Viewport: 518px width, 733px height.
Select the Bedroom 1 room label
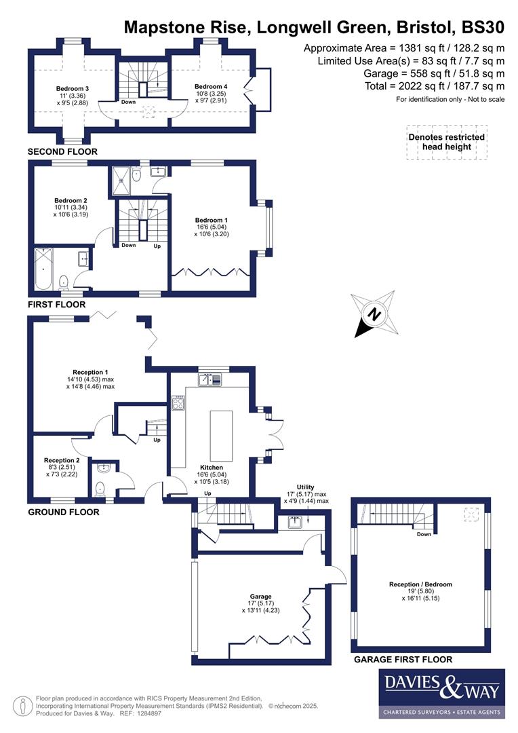[209, 221]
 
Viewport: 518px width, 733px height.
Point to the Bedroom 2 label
[71, 201]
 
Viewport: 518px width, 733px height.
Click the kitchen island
[221, 435]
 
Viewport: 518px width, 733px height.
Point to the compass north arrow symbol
[373, 314]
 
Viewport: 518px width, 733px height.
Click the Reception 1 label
[91, 372]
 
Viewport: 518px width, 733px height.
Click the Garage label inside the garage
[260, 593]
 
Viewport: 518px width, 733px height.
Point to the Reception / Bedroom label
[420, 584]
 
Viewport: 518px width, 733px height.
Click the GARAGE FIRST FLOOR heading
[403, 659]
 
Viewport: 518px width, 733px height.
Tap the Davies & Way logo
[441, 693]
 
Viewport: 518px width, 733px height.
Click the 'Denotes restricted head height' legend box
[446, 142]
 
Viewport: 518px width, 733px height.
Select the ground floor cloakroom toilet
[102, 487]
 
